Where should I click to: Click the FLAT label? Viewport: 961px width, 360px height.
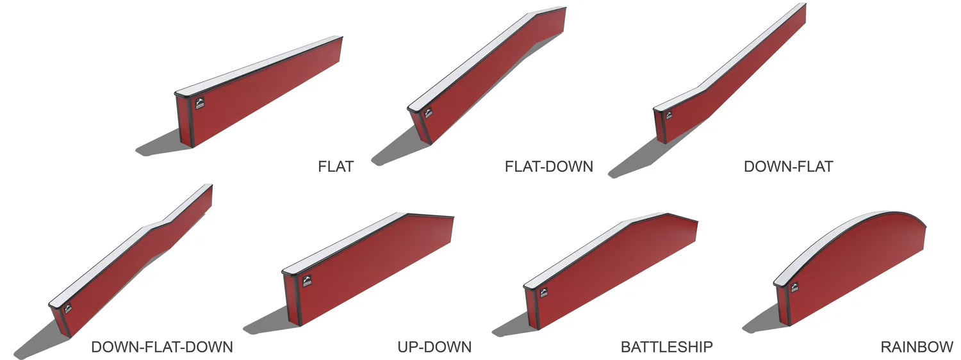[336, 167]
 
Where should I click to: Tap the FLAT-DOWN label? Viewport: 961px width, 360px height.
[548, 167]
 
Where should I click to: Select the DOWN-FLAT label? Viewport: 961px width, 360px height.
[788, 167]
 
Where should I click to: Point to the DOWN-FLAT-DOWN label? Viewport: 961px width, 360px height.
[161, 347]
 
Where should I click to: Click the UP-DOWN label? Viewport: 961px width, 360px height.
[434, 347]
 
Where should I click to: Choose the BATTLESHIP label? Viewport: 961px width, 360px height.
[666, 347]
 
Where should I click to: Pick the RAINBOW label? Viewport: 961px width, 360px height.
[917, 347]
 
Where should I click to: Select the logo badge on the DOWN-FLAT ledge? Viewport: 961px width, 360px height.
[668, 116]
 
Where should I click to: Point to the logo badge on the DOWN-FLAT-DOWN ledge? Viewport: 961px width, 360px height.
[68, 309]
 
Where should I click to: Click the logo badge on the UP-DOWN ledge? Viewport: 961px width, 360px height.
[307, 279]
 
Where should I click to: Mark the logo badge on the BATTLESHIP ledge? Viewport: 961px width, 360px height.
[543, 293]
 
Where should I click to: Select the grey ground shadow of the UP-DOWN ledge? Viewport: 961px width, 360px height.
[266, 323]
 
